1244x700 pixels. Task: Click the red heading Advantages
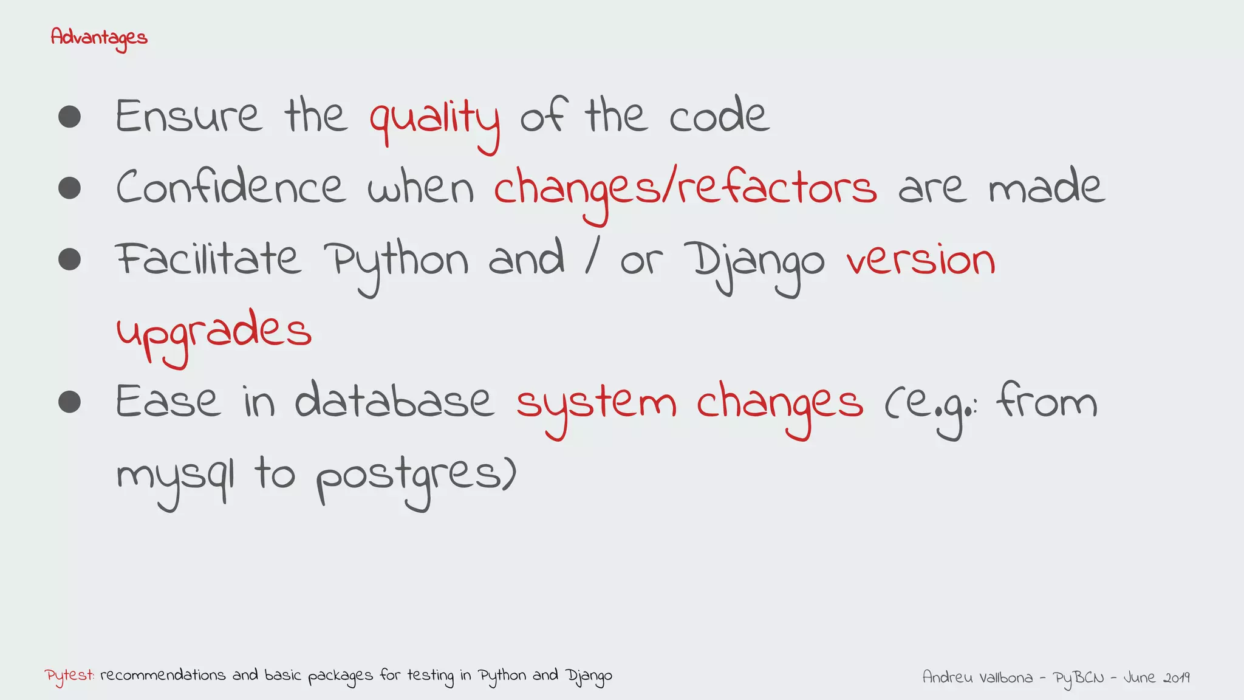[x=99, y=38]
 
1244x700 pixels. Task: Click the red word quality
[x=435, y=119]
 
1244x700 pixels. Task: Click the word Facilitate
[x=208, y=259]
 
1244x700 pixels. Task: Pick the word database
[x=394, y=401]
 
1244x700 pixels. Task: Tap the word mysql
[x=175, y=476]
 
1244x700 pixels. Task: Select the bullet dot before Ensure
[x=70, y=117]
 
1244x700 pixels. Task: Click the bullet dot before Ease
[x=70, y=402]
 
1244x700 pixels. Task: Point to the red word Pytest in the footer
[x=69, y=676]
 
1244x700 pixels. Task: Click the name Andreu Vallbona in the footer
[x=977, y=677]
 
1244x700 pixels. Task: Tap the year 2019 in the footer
[x=1176, y=677]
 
